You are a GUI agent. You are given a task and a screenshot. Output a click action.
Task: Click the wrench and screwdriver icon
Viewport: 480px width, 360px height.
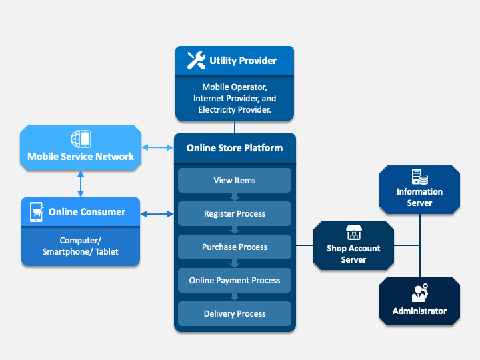[x=195, y=61]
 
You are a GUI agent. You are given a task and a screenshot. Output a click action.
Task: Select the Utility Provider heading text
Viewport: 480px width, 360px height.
[x=243, y=61]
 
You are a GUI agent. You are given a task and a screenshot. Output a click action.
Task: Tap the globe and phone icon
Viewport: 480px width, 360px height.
[x=81, y=139]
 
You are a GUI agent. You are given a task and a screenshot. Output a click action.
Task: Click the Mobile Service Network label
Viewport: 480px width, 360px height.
[x=81, y=157]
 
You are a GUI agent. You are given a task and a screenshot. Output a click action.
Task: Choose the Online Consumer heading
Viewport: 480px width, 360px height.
[x=87, y=212]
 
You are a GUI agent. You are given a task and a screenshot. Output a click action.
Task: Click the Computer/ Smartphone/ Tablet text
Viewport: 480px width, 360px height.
[x=80, y=246]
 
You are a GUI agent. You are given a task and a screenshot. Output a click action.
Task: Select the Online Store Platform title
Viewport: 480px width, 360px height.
[x=234, y=148]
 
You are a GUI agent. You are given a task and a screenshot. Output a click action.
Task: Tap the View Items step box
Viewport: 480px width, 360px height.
[x=234, y=180]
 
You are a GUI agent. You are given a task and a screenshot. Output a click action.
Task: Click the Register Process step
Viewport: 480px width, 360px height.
[x=234, y=213]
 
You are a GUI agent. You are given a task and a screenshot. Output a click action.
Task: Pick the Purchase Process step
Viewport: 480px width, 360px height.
[x=234, y=247]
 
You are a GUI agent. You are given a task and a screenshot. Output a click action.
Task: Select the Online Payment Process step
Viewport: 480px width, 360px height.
[x=234, y=280]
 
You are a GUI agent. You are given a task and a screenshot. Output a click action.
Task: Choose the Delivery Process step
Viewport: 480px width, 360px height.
[x=234, y=313]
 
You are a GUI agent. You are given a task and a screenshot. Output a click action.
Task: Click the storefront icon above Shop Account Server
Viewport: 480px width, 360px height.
[x=353, y=233]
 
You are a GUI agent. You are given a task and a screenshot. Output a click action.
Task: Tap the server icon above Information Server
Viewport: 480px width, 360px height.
[x=419, y=177]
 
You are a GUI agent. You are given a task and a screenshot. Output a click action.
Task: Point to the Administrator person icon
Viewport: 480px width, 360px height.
[x=419, y=293]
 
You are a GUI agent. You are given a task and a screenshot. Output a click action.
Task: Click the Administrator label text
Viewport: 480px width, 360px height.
[x=419, y=311]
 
